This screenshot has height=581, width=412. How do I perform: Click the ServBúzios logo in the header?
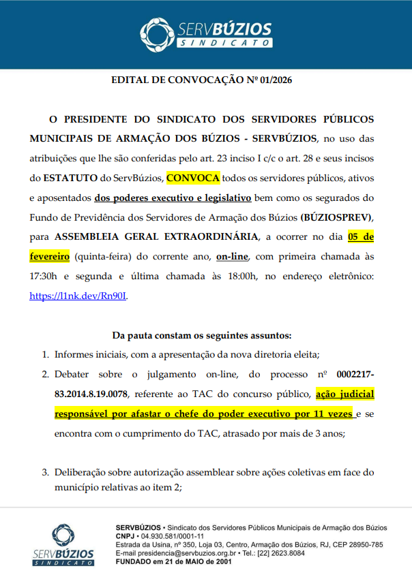coord(205,33)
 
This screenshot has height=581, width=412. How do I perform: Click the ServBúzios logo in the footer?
coord(63,545)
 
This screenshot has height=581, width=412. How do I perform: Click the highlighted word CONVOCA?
coord(192,178)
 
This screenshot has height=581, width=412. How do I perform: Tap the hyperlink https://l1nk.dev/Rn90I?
coord(78,296)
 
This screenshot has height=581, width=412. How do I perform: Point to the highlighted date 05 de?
coord(360,237)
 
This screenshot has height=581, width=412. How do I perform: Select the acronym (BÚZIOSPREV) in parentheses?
coord(336,217)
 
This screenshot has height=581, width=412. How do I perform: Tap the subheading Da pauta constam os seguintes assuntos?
coord(201,335)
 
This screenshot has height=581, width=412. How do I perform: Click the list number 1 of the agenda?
coord(45,354)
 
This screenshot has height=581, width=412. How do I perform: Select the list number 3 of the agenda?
coord(45,473)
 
